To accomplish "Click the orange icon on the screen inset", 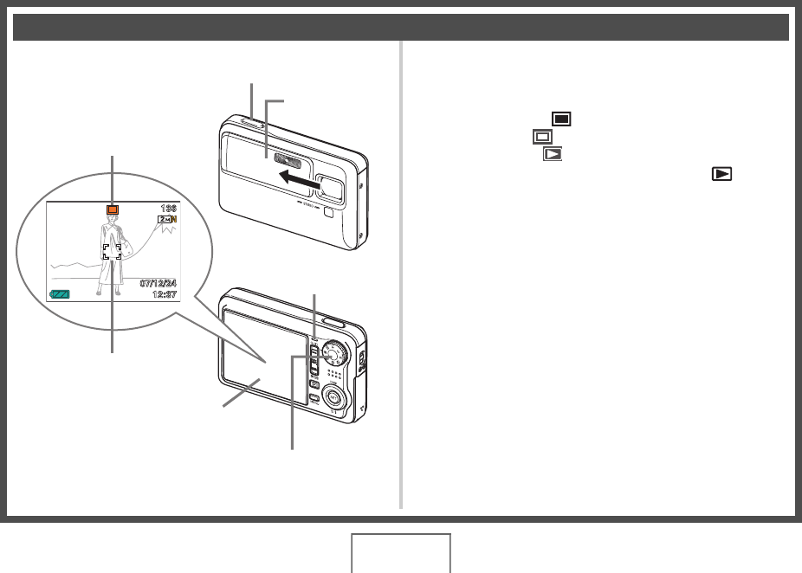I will (111, 209).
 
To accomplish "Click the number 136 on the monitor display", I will (168, 209).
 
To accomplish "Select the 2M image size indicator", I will (166, 222).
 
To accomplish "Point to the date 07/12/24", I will (158, 283).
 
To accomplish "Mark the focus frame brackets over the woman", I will (112, 252).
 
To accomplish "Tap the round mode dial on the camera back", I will (333, 354).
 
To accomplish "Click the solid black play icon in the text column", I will (721, 174).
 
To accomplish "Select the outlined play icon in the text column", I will (552, 154).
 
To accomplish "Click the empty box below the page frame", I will (401, 553).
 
